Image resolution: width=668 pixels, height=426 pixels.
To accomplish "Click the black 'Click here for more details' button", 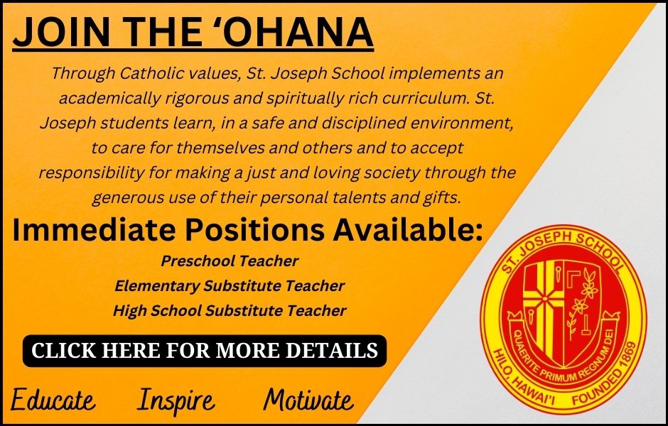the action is coord(205,351).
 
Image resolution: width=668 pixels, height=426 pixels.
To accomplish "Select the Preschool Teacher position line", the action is coord(230,261).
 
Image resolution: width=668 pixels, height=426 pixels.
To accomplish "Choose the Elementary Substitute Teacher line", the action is coord(230,285).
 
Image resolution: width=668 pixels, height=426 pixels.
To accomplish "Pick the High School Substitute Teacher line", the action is coord(230,311).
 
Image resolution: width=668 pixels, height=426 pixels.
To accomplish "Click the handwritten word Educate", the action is coord(53,400).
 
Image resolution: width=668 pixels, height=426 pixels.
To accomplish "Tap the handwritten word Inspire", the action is coord(176,401).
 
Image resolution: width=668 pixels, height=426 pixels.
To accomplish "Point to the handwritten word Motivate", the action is coord(308,400).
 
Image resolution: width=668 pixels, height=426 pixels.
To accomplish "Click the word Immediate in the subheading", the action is coord(94,230).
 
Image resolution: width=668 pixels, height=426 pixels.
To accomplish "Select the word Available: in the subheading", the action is coord(408,230).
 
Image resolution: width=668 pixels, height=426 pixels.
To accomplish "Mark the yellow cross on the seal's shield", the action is coord(544,299).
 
